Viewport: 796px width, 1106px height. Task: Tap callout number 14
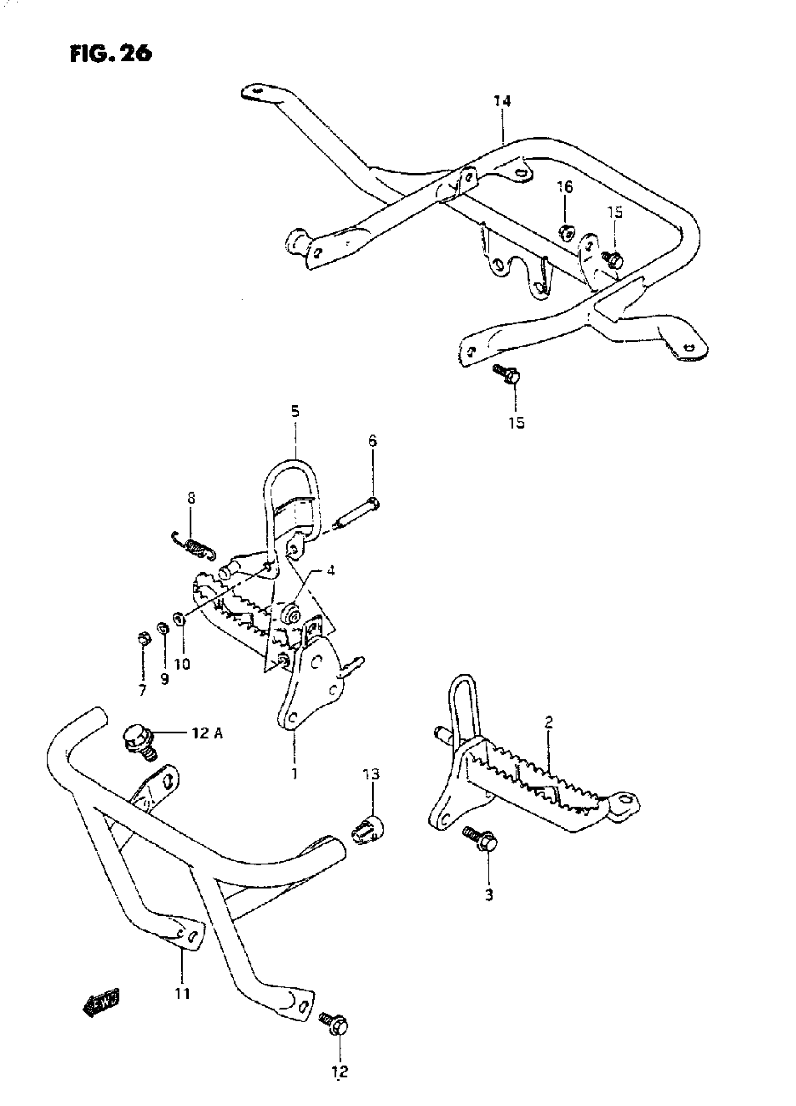click(x=502, y=102)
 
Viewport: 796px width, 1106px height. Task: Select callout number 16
click(x=565, y=187)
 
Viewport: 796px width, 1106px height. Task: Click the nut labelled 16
click(x=566, y=232)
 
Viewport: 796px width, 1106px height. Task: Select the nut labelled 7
click(x=143, y=637)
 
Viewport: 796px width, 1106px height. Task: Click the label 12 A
click(x=206, y=733)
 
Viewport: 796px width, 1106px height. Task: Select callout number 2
click(x=549, y=722)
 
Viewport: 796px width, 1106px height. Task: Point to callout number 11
click(x=183, y=993)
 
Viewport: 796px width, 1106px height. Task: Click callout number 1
click(x=294, y=773)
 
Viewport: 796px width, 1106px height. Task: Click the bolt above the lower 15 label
click(x=508, y=374)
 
